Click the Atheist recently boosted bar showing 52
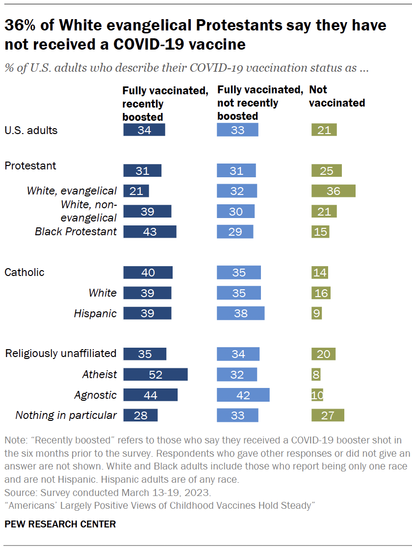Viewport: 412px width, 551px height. (155, 375)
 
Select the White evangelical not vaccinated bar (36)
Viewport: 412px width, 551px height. (334, 191)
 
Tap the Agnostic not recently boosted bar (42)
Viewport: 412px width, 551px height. (243, 395)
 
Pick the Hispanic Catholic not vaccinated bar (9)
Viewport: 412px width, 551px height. (316, 313)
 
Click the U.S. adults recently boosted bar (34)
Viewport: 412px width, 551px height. (144, 130)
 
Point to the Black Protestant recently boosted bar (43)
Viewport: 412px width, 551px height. (150, 232)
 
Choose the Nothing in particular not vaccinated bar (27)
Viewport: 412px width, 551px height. (328, 415)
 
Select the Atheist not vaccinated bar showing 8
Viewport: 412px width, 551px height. (316, 375)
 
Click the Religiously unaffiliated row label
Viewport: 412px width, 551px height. (60, 354)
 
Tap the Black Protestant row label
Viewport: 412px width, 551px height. (76, 232)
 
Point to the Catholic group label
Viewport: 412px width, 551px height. (24, 273)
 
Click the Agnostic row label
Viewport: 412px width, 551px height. (95, 395)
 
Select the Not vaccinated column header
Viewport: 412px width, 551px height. (336, 96)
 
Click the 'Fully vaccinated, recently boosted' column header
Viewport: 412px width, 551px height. (165, 104)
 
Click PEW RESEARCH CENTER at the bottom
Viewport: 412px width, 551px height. (60, 524)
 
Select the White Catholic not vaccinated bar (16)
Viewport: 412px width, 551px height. (321, 293)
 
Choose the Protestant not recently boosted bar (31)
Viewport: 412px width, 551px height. (236, 171)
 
